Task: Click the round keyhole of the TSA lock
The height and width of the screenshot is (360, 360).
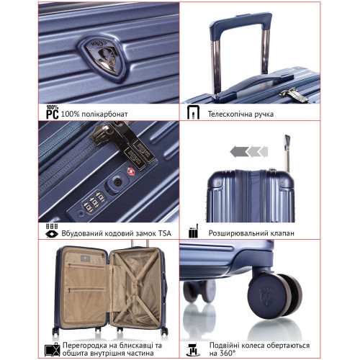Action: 117,184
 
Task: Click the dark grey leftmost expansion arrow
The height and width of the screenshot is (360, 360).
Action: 235,150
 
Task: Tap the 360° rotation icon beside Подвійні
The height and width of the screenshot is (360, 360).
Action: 192,348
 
